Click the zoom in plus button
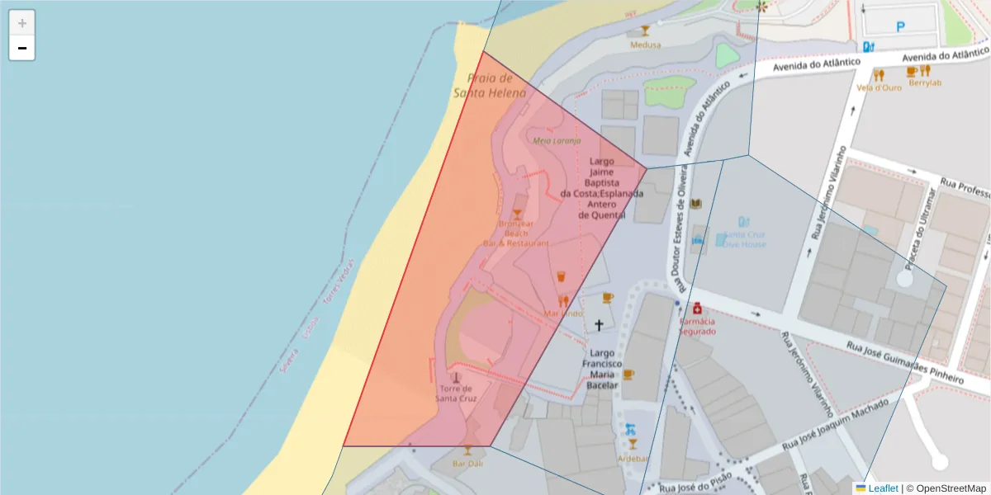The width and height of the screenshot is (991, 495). tap(22, 23)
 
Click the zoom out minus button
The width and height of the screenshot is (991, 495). tap(22, 48)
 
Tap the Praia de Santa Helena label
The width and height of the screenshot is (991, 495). tap(490, 85)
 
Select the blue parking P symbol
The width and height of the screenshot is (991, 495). tap(900, 27)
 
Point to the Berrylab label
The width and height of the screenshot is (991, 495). tap(924, 82)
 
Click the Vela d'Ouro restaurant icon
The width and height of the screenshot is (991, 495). tap(879, 74)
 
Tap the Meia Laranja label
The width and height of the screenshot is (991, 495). tap(557, 140)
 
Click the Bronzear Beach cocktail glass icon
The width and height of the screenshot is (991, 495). tap(517, 214)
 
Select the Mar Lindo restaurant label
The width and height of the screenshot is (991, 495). tap(564, 313)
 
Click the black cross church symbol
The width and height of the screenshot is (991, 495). tap(599, 325)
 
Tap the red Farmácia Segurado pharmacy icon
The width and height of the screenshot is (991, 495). tap(697, 309)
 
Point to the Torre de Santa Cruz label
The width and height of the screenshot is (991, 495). tap(457, 394)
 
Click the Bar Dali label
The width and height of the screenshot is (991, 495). tap(467, 464)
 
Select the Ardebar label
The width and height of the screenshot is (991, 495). tap(633, 459)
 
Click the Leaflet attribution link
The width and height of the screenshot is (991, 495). tap(882, 488)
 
